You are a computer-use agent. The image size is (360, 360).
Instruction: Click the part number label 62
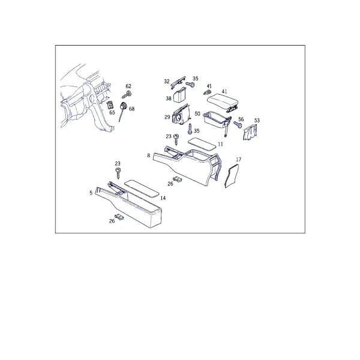tap(128, 86)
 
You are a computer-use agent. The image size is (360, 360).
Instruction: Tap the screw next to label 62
tap(127, 94)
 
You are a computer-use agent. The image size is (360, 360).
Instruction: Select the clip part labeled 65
tap(110, 105)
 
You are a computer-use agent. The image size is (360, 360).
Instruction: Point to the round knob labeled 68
tap(124, 107)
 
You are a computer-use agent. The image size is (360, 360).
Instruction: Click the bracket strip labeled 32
tap(178, 82)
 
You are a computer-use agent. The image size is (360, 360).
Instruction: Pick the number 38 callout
tap(169, 98)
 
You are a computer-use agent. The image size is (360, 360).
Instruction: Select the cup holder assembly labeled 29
tap(181, 115)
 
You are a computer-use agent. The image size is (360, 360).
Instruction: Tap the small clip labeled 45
tap(208, 92)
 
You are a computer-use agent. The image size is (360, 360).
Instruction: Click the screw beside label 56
tap(238, 124)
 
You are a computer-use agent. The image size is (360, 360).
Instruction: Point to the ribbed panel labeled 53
tap(250, 132)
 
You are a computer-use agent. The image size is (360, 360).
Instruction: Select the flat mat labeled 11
tap(202, 144)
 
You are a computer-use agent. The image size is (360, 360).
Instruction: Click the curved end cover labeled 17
tap(232, 176)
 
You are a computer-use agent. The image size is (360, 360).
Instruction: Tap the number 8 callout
tap(149, 155)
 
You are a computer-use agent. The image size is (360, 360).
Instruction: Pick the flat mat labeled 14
tap(142, 188)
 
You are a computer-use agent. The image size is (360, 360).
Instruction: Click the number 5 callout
tap(91, 193)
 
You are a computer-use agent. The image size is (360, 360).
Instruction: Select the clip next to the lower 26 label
tap(119, 217)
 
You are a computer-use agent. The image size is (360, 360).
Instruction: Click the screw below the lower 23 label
tap(118, 173)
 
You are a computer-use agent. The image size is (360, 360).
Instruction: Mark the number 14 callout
tap(163, 198)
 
